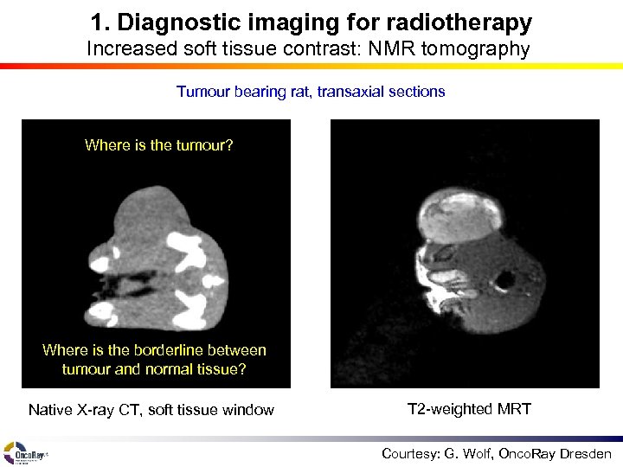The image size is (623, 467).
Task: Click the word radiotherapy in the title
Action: [469, 22]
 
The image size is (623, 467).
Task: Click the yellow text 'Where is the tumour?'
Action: [158, 145]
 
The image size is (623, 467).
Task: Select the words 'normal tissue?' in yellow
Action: [201, 369]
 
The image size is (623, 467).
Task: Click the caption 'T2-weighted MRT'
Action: [468, 408]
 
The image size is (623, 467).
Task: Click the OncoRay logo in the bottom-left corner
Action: [25, 452]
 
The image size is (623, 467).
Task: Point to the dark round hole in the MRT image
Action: [504, 279]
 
